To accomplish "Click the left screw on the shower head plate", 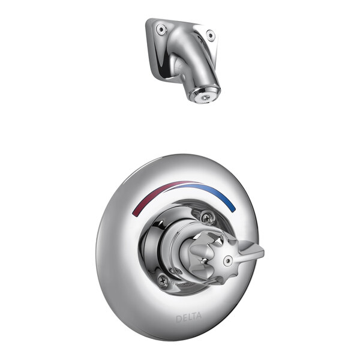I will [x=161, y=28].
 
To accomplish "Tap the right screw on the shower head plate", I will [x=210, y=35].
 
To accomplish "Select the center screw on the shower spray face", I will [x=204, y=94].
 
